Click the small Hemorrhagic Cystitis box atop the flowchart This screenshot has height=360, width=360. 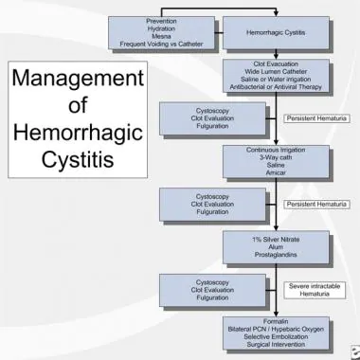276,32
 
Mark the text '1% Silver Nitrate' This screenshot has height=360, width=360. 276,240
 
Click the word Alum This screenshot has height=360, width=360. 276,247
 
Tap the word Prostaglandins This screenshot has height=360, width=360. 276,255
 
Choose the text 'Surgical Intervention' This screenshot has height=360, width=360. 276,343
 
